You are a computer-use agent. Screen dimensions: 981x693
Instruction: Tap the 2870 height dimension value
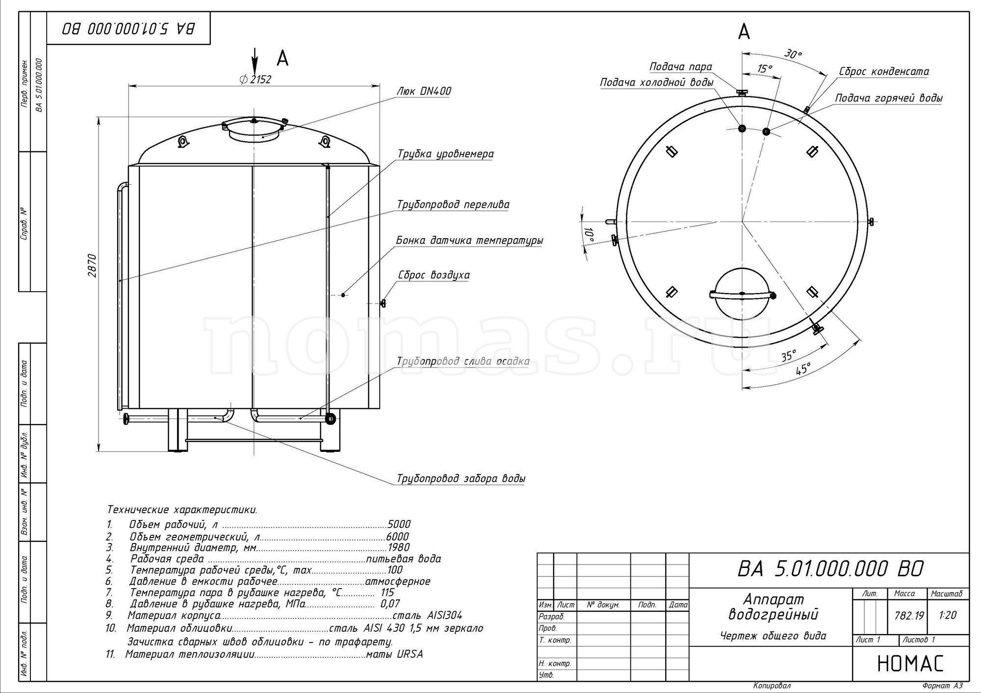coord(92,265)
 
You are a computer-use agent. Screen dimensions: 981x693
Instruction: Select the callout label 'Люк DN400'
coord(422,92)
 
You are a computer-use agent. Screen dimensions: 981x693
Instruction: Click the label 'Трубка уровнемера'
coord(445,154)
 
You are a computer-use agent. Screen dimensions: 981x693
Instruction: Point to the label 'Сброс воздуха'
coord(433,275)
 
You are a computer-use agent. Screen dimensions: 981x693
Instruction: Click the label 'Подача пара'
coord(681,67)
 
